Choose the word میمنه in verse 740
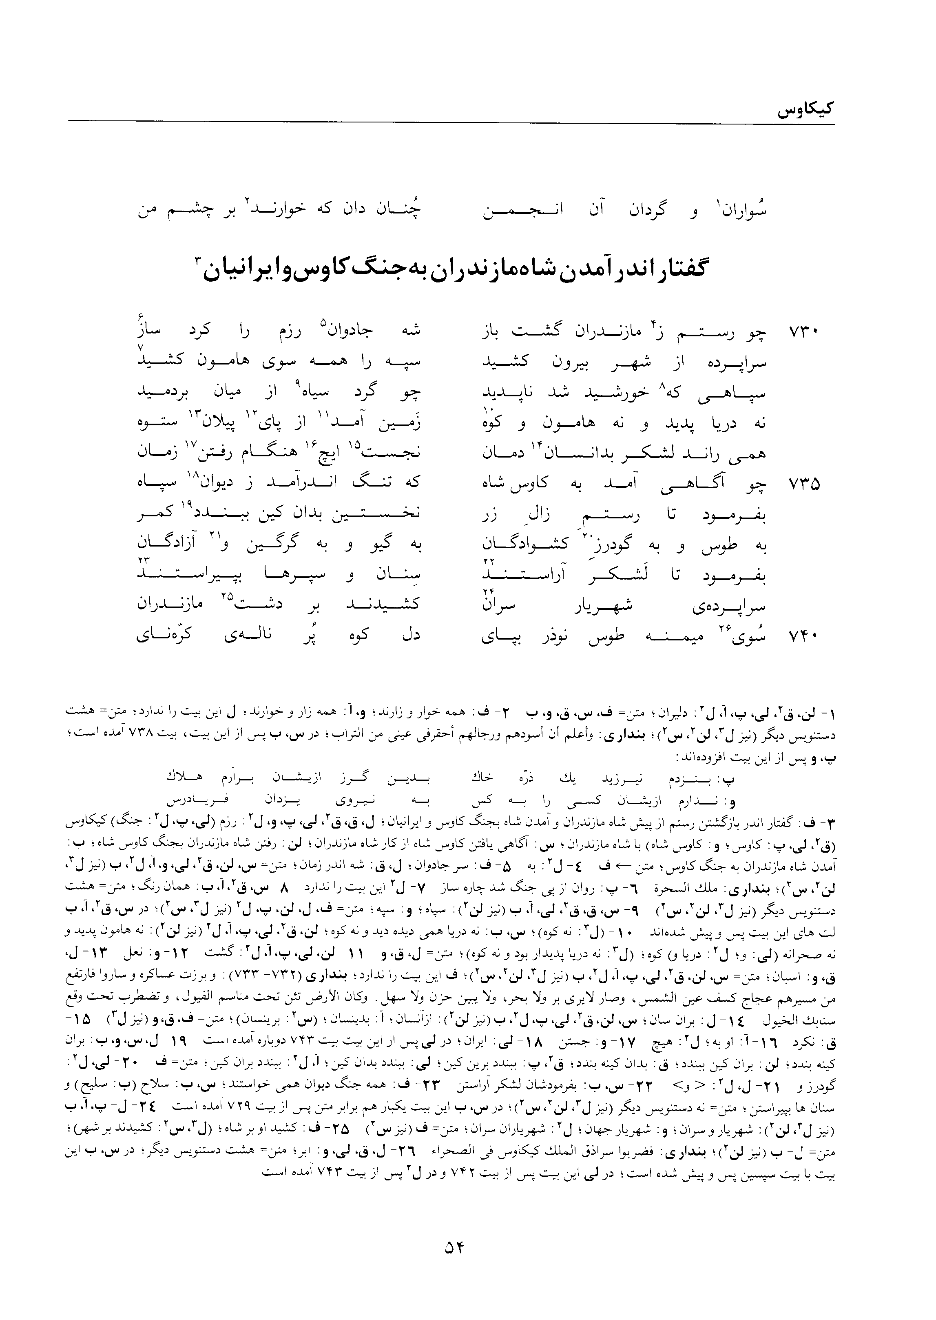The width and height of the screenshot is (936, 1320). (671, 637)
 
